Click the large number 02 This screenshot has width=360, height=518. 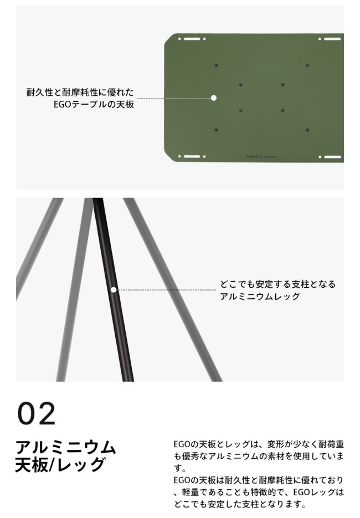tap(37, 413)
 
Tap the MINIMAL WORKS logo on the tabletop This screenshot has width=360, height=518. tap(262, 157)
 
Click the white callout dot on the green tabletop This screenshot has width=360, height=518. tap(214, 98)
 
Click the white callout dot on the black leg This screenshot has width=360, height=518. tap(114, 290)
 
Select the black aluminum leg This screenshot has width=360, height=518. tap(112, 289)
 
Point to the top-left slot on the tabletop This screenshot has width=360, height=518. tap(192, 39)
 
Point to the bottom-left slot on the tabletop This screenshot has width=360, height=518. tap(192, 156)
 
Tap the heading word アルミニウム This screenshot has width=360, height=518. tap(66, 448)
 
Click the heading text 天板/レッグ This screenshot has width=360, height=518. tap(60, 464)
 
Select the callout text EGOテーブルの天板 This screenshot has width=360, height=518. tap(94, 105)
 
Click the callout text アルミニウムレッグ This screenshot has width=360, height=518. tap(260, 296)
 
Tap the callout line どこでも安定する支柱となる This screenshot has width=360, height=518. tap(277, 284)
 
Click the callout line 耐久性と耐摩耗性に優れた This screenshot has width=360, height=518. tap(80, 92)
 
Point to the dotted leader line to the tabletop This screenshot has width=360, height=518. tap(173, 98)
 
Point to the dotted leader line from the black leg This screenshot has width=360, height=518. tap(166, 290)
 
